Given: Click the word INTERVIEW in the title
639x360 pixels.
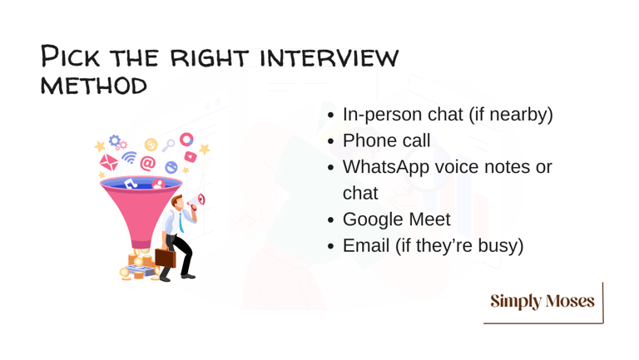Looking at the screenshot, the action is tap(329, 58).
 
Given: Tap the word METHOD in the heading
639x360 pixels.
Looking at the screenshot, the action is tap(94, 86).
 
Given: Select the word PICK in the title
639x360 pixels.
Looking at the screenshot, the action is tap(70, 57).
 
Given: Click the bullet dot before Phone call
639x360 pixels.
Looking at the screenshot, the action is tap(331, 141).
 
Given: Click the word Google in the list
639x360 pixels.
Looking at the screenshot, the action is tap(372, 220).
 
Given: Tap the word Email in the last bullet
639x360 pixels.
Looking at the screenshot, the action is tap(366, 245).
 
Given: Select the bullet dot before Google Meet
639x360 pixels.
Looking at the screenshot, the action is tap(331, 220).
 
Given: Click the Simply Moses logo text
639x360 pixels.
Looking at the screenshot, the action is tap(542, 301).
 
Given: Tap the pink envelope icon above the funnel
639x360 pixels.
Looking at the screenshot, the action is tap(109, 162).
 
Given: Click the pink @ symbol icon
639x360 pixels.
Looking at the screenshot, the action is tap(148, 163).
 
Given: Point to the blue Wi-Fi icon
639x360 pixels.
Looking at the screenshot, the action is tap(130, 157).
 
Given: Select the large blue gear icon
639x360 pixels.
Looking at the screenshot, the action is tap(115, 141).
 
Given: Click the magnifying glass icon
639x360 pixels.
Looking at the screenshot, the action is tap(168, 145).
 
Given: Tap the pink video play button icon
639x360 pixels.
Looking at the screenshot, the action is tap(191, 156).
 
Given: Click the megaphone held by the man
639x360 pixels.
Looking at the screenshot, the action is tap(197, 200).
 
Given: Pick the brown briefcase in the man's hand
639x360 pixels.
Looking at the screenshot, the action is tap(165, 258).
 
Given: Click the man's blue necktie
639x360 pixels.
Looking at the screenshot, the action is tap(181, 222).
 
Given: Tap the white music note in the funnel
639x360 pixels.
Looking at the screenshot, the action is tap(130, 184).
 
